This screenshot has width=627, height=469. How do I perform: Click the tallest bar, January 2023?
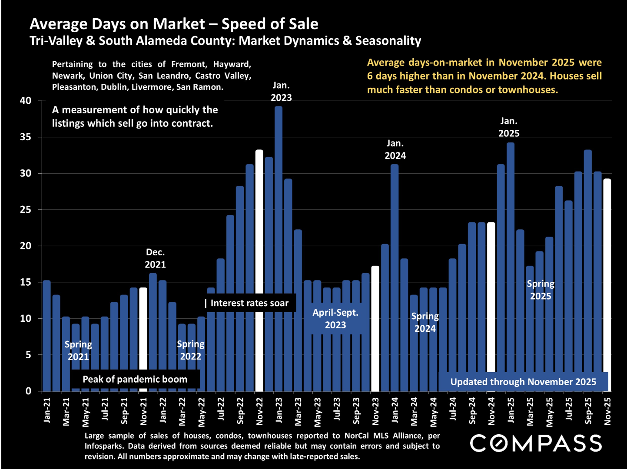(x=279, y=248)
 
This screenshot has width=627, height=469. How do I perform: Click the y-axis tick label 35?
(x=26, y=137)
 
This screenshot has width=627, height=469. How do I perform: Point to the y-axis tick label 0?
(x=28, y=391)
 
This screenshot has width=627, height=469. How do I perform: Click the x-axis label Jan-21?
(x=47, y=410)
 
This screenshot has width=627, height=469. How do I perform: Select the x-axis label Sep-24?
(x=472, y=410)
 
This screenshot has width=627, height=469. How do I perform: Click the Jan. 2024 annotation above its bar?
(x=395, y=149)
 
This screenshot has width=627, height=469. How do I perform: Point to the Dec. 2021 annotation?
(x=155, y=258)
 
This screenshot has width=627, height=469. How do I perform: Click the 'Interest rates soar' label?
(x=249, y=303)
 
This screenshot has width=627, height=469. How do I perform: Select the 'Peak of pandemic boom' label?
(x=135, y=379)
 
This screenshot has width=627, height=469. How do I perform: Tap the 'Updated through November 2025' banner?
(x=523, y=382)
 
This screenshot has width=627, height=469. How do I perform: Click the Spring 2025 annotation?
(x=541, y=290)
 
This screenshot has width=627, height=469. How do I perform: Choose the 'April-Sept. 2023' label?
(x=335, y=319)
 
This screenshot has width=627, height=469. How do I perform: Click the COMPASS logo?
(x=536, y=443)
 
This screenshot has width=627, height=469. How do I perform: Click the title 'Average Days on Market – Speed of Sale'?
(x=174, y=24)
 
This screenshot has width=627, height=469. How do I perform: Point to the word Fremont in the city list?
(x=188, y=64)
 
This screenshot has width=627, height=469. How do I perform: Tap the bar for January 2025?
(x=511, y=261)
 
